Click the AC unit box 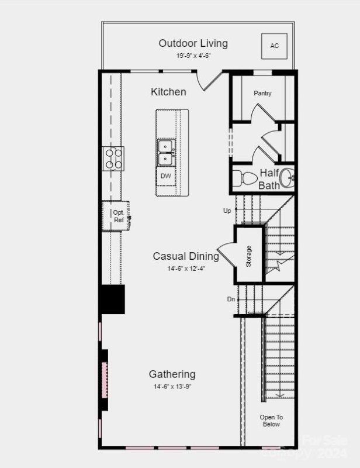tap(274, 45)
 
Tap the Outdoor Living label tap(193, 43)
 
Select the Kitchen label tap(168, 92)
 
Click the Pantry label tap(262, 94)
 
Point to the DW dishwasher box tap(166, 175)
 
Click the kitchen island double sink tap(166, 152)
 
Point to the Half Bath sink tap(287, 178)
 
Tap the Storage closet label tap(249, 256)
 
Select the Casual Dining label tap(186, 256)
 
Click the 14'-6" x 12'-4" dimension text tap(186, 269)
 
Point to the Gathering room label tap(172, 374)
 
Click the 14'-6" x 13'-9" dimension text tap(172, 387)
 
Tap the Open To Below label tap(271, 421)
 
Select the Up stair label tap(227, 211)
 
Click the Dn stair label tap(231, 299)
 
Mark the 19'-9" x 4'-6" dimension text tap(193, 56)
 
